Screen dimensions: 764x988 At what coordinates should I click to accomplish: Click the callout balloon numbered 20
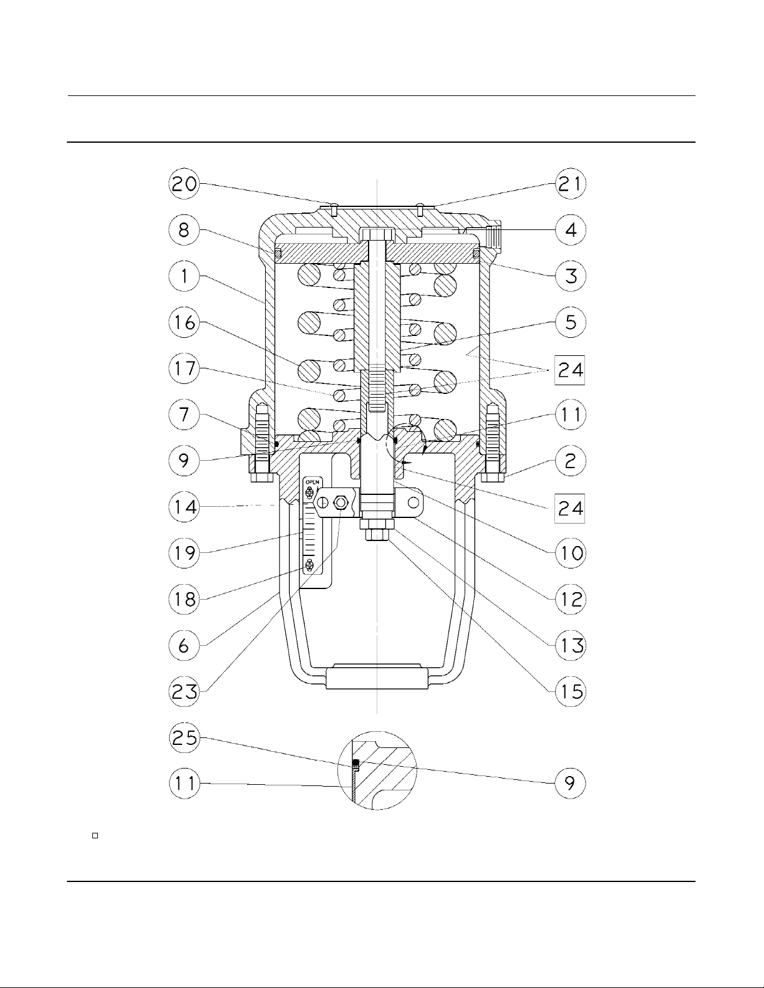click(184, 184)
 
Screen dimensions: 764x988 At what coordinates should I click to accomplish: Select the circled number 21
click(570, 184)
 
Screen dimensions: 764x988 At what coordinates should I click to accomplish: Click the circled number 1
click(184, 276)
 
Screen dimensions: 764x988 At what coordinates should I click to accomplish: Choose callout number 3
click(570, 276)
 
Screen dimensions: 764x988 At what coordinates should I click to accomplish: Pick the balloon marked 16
click(184, 322)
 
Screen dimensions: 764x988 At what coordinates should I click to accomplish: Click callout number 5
click(570, 322)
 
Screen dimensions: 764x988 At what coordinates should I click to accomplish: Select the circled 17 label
click(184, 368)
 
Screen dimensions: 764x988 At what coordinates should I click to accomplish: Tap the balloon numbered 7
click(184, 415)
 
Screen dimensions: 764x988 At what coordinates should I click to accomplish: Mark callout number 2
click(570, 461)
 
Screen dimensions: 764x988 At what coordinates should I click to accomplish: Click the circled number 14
click(184, 507)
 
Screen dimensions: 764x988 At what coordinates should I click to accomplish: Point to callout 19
click(184, 553)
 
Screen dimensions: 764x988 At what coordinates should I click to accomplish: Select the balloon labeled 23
click(184, 692)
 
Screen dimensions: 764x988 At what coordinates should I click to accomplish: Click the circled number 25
click(184, 737)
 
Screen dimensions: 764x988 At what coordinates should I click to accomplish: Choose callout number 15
click(570, 692)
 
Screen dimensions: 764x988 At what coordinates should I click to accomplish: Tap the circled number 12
click(570, 599)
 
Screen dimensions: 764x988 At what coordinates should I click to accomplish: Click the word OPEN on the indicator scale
click(312, 481)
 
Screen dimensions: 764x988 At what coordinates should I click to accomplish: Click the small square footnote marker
click(95, 836)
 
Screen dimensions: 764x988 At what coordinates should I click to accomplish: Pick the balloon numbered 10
click(570, 553)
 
